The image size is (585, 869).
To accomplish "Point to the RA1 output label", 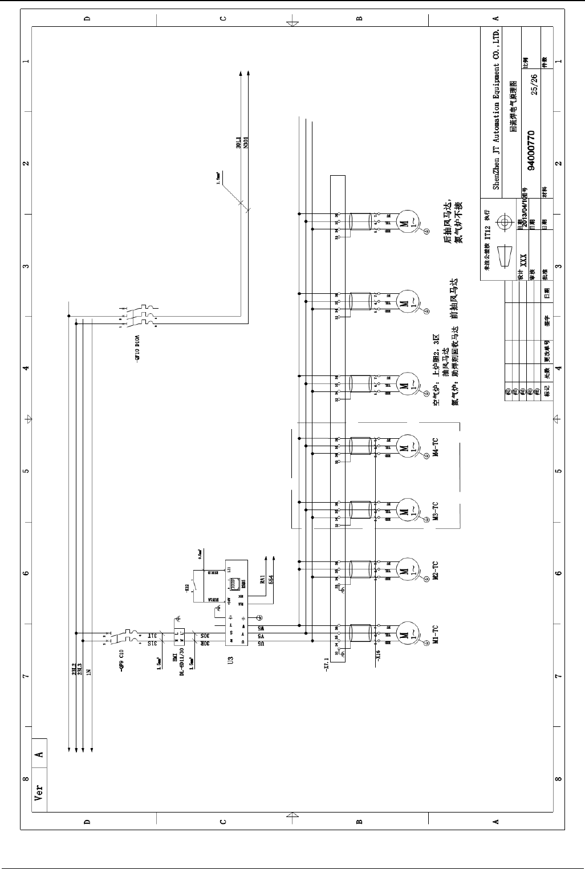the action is pyautogui.click(x=262, y=580).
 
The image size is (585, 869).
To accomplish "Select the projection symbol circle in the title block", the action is pyautogui.click(x=503, y=222).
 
